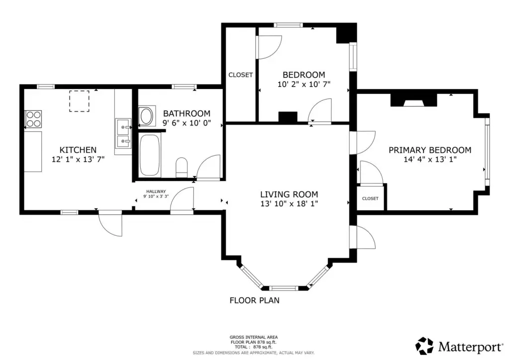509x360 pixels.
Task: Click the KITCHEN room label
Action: click(78, 150)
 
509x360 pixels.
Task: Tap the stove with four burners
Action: click(33, 119)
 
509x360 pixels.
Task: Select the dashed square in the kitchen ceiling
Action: click(79, 101)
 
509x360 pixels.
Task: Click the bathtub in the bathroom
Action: click(150, 155)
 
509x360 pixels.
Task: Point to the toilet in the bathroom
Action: click(181, 168)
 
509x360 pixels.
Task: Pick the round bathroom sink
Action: click(146, 116)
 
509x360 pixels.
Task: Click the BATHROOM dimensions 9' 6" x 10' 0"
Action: click(187, 123)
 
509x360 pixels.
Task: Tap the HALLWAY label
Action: click(156, 191)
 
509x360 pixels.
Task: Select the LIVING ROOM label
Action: click(289, 194)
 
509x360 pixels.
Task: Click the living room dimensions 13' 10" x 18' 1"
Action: click(289, 204)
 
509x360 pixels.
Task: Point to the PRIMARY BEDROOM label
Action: click(430, 150)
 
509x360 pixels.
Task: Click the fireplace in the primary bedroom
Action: click(414, 100)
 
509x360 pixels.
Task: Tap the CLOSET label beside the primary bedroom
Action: click(370, 198)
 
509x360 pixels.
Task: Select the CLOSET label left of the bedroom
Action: click(241, 75)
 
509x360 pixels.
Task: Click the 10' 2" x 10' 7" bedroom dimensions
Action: click(304, 85)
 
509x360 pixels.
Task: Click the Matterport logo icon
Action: click(424, 346)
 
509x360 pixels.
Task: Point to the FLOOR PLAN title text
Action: click(254, 301)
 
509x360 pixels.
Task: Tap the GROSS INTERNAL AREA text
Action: click(254, 337)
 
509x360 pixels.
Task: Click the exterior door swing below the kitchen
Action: click(110, 224)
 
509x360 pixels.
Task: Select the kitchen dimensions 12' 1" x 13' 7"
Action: click(78, 160)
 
